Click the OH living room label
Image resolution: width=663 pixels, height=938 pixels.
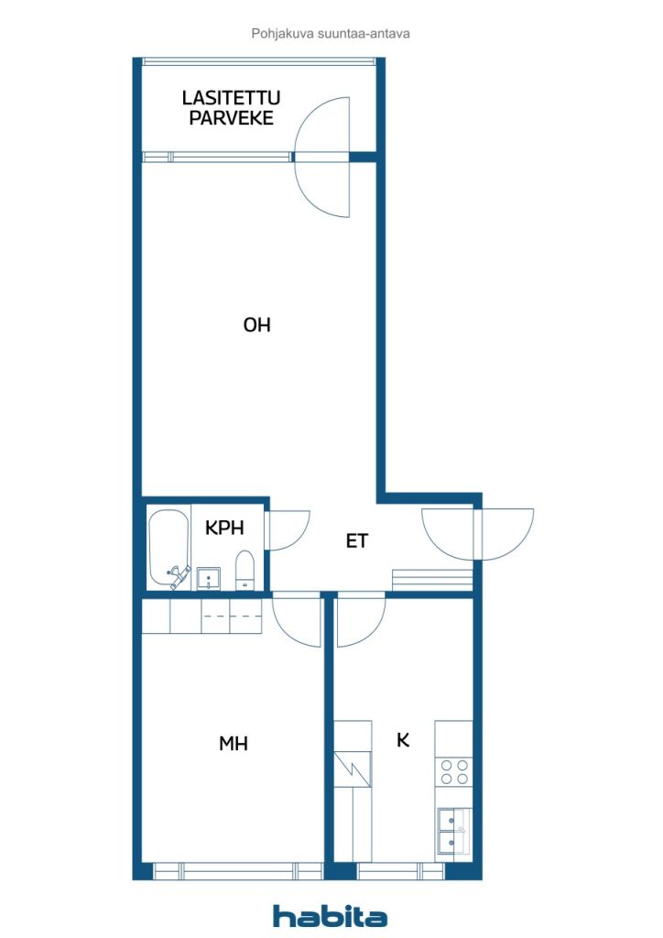click(x=257, y=325)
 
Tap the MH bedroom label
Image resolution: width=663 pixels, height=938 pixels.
click(x=234, y=744)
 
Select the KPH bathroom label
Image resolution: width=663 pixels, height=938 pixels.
click(x=224, y=528)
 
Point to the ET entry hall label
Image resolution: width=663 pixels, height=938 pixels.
click(x=357, y=540)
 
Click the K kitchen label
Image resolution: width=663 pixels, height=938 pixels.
click(x=403, y=740)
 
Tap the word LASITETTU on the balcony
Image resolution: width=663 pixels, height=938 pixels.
click(x=231, y=97)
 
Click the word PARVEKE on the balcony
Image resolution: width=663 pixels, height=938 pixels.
click(x=231, y=118)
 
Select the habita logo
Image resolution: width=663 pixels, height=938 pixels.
click(x=330, y=916)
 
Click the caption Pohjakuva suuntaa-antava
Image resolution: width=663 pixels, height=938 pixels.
click(x=331, y=34)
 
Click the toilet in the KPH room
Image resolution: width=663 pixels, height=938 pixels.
click(x=245, y=570)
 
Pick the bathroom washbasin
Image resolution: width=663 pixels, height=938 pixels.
click(x=209, y=579)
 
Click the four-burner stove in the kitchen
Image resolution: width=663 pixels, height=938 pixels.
click(x=454, y=771)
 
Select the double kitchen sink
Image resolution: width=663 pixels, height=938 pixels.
click(x=454, y=832)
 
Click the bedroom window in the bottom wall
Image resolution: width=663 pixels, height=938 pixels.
click(x=238, y=870)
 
